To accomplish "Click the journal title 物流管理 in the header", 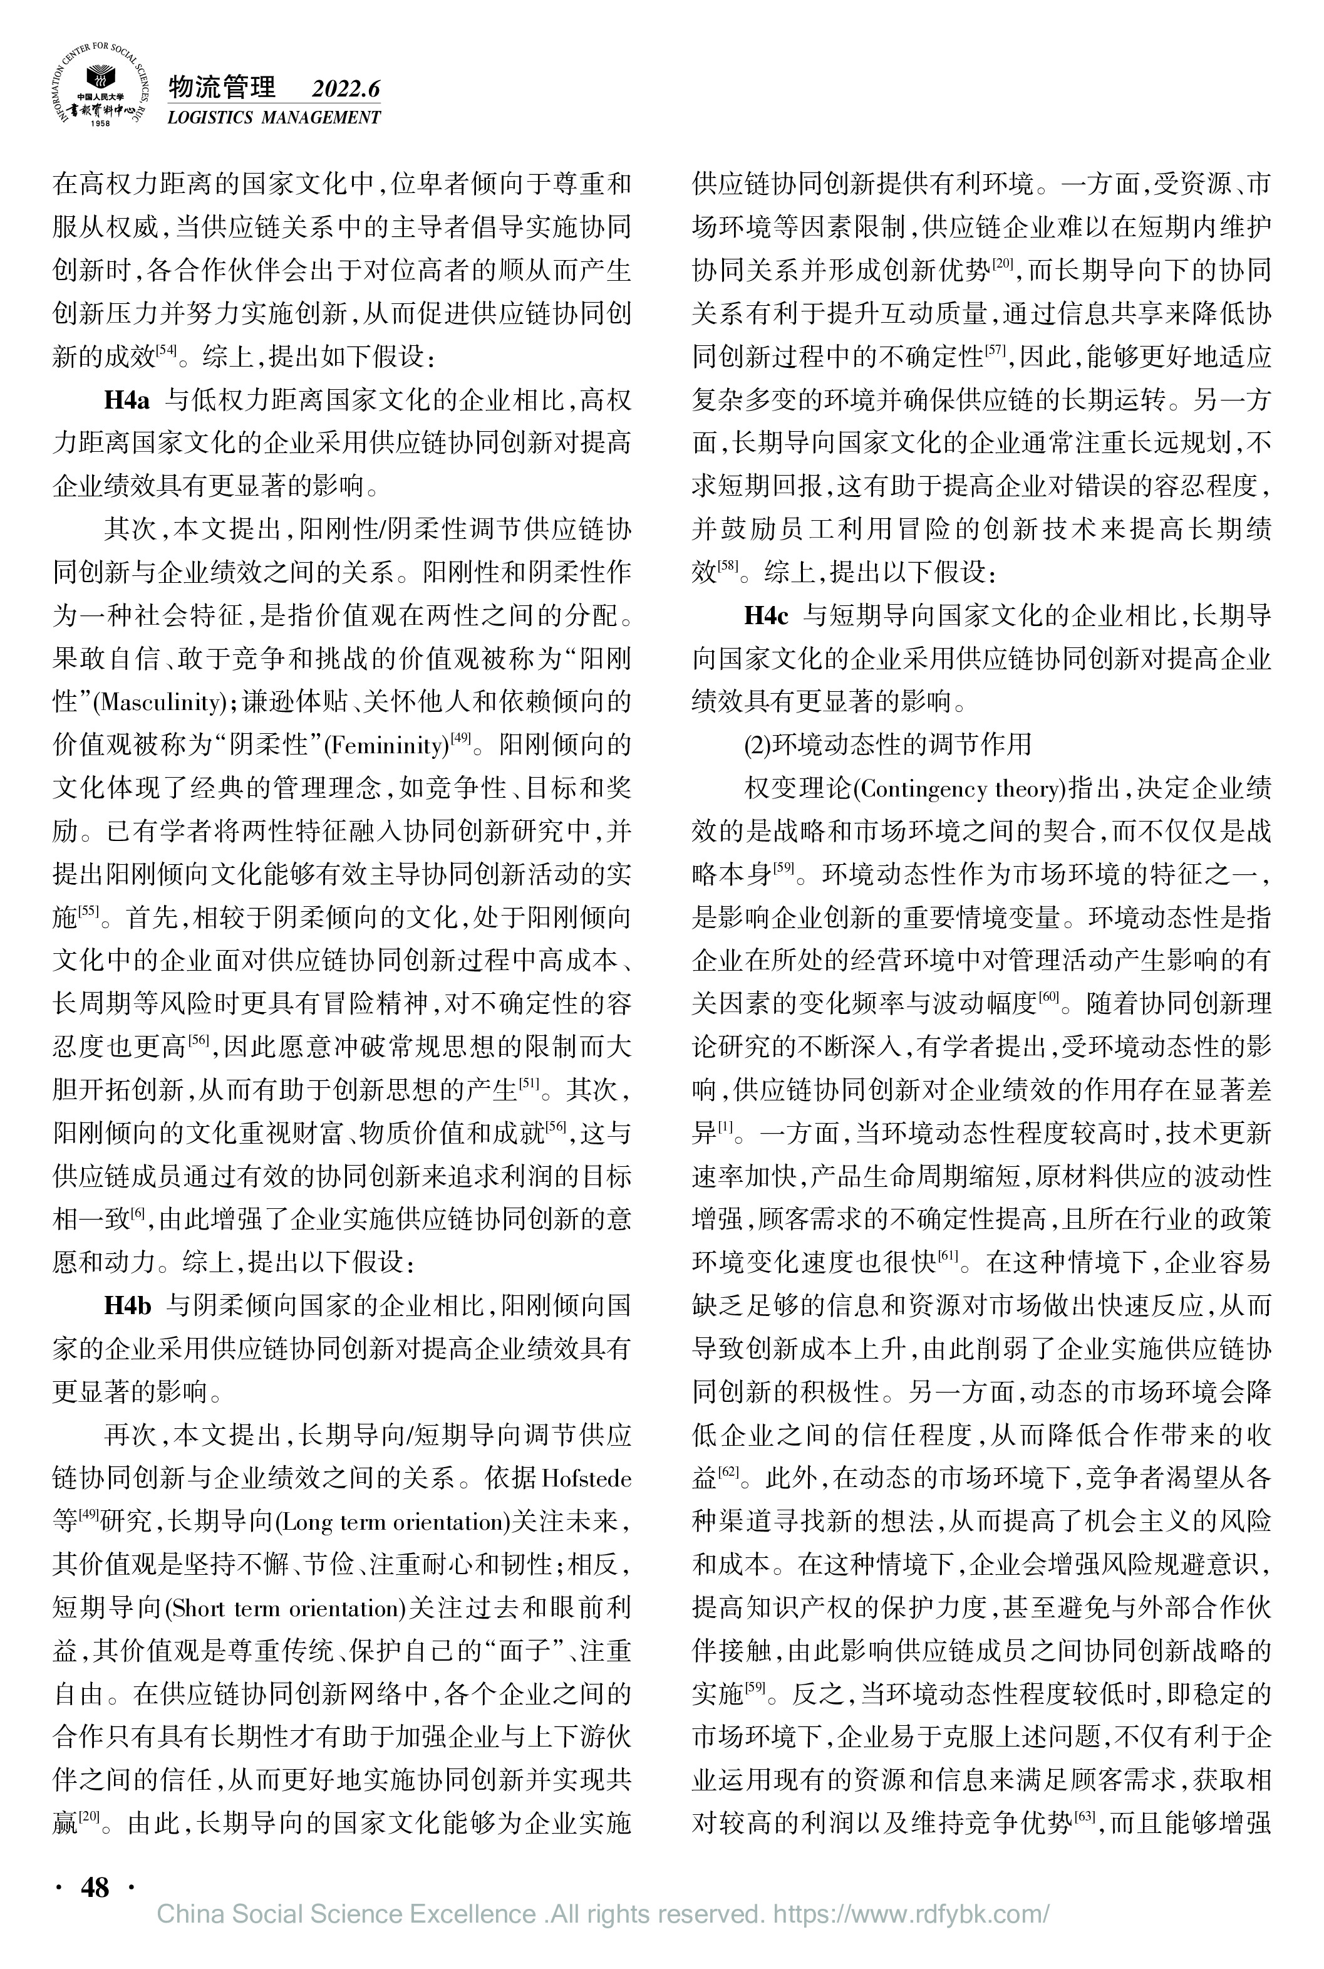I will (222, 87).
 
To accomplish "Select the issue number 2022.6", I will (346, 89).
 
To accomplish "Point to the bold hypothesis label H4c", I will (766, 616).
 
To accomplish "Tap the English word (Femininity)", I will (386, 746).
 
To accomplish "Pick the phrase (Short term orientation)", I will (286, 1608).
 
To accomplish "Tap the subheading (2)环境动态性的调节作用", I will (887, 745).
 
